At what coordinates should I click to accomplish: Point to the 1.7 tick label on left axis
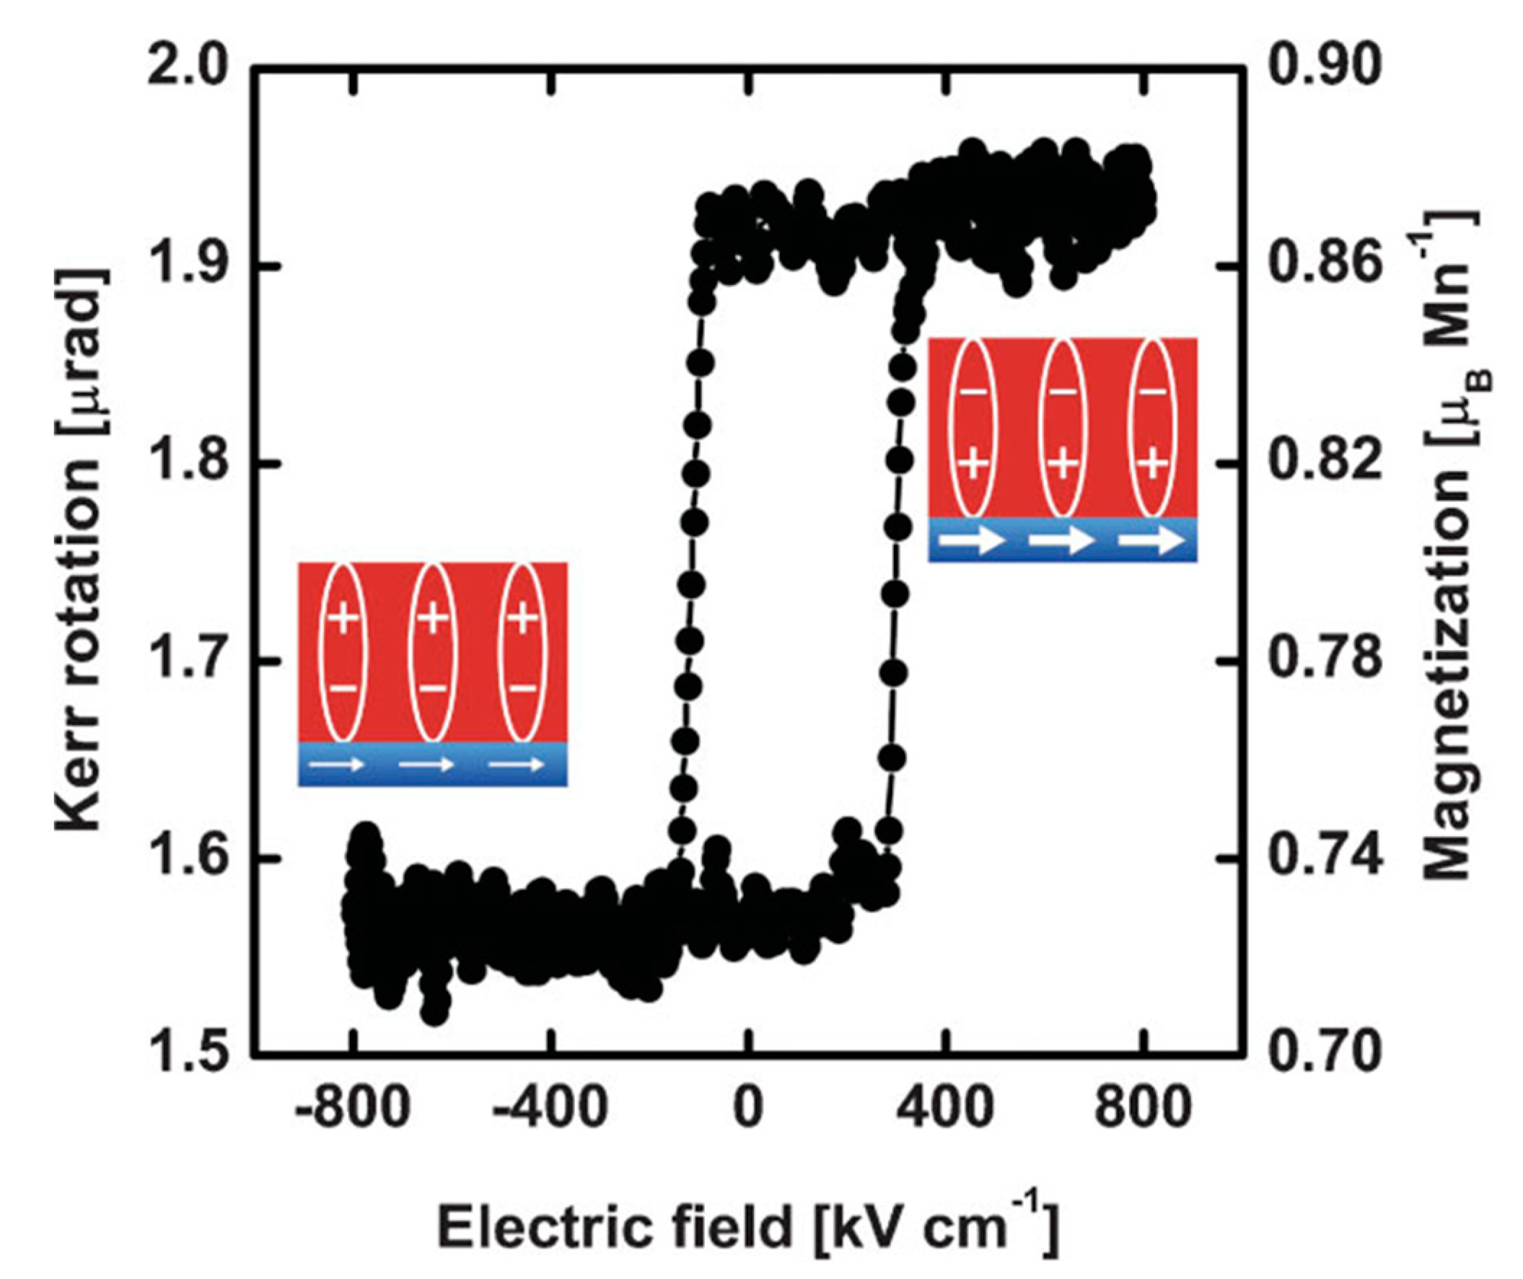[x=187, y=662]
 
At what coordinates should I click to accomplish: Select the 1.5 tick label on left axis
[x=187, y=1054]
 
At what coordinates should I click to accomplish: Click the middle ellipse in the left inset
[x=433, y=653]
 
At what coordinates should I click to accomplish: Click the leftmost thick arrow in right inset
[x=972, y=540]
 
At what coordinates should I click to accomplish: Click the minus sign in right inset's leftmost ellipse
[x=973, y=392]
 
